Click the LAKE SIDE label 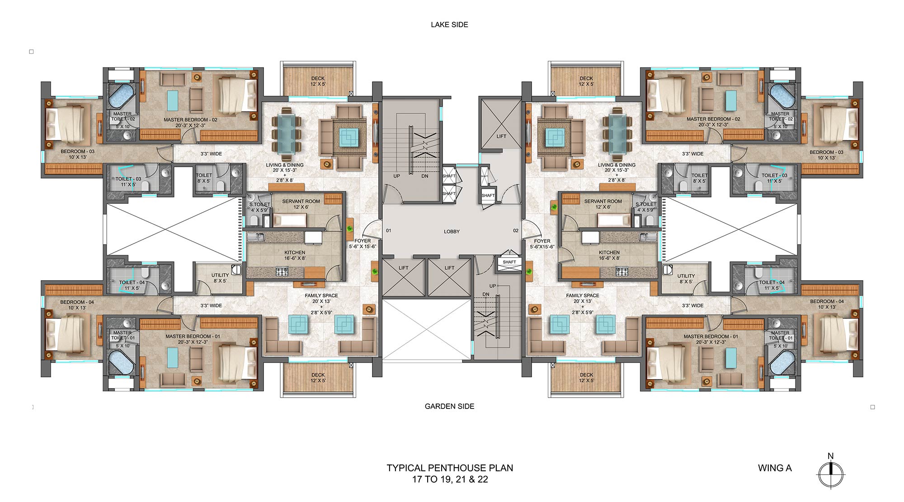[x=449, y=25]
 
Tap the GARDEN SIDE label [x=449, y=406]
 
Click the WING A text [x=775, y=468]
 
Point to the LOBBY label [x=452, y=231]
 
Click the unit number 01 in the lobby [x=389, y=231]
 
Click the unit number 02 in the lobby [x=516, y=231]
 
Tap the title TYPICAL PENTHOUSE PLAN [x=450, y=468]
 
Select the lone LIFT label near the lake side [x=501, y=136]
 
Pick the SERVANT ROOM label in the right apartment [x=603, y=202]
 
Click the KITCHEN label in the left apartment [x=295, y=253]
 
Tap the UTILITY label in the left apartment [x=220, y=275]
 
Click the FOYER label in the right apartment [x=542, y=241]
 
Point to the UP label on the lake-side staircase [x=396, y=176]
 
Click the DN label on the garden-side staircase [x=486, y=295]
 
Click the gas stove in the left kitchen [x=282, y=272]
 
